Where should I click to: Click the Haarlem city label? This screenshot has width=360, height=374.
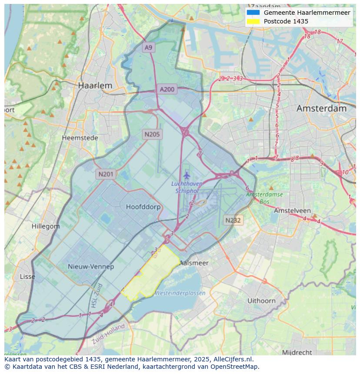pyautogui.click(x=95, y=86)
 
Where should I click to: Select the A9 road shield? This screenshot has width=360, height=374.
pyautogui.click(x=149, y=48)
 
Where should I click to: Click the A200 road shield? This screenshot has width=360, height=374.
pyautogui.click(x=167, y=89)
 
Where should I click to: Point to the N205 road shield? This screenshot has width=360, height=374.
pyautogui.click(x=152, y=134)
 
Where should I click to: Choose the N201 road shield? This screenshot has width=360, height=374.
pyautogui.click(x=106, y=174)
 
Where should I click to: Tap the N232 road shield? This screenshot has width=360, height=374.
pyautogui.click(x=233, y=220)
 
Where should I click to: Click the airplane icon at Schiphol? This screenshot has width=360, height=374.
pyautogui.click(x=187, y=175)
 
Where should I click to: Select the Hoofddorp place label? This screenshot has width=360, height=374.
pyautogui.click(x=143, y=207)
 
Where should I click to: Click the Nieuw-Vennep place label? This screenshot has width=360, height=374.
pyautogui.click(x=91, y=266)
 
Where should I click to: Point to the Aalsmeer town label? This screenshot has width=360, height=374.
pyautogui.click(x=194, y=263)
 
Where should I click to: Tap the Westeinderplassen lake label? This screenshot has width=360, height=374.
pyautogui.click(x=180, y=293)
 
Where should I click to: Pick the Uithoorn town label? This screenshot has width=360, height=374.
pyautogui.click(x=261, y=301)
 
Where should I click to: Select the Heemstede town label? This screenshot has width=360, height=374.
pyautogui.click(x=80, y=138)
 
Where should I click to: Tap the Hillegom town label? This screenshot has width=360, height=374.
pyautogui.click(x=46, y=226)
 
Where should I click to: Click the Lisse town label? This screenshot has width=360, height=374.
pyautogui.click(x=27, y=276)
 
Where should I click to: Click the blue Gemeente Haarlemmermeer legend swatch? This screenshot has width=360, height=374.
pyautogui.click(x=253, y=13)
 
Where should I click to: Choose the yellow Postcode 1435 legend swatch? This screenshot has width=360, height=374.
pyautogui.click(x=253, y=21)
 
